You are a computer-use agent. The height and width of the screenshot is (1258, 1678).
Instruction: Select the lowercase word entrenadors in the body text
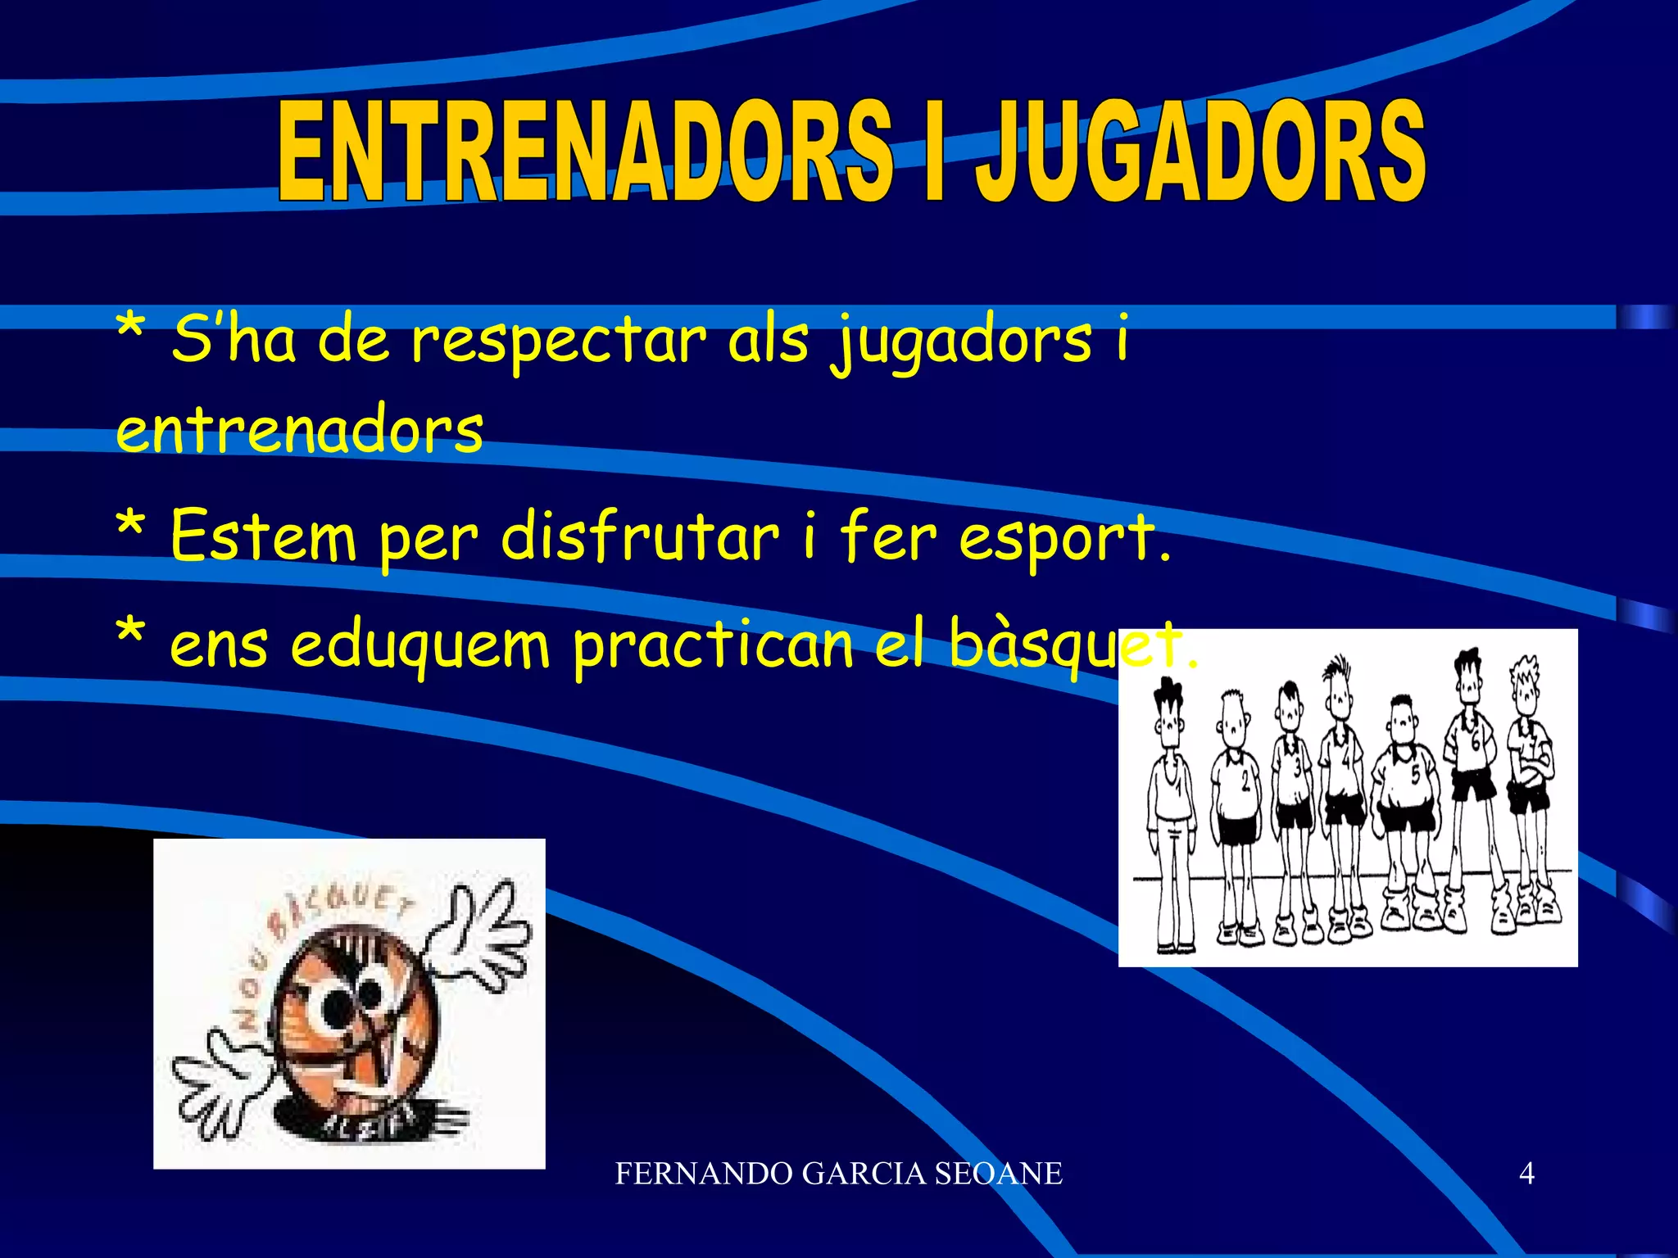tap(300, 430)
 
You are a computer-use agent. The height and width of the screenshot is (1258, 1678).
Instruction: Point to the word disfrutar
tap(639, 537)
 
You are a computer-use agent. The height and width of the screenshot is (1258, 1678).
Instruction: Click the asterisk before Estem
tap(131, 528)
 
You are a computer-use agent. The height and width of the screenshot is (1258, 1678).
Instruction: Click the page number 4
tap(1526, 1174)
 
